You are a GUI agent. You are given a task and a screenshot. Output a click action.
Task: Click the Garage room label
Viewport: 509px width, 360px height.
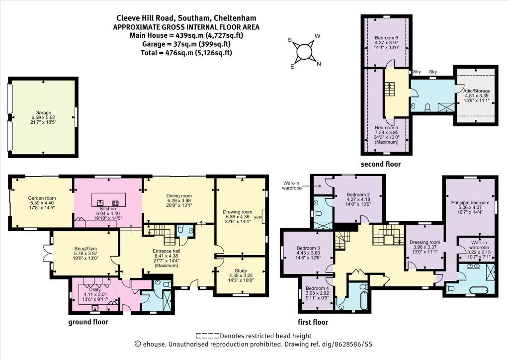[43, 113]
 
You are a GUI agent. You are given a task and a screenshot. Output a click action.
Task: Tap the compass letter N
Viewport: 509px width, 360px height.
[319, 64]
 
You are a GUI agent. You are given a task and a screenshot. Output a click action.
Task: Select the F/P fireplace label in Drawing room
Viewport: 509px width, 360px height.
[258, 217]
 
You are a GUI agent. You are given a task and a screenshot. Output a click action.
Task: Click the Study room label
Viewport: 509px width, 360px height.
[241, 270]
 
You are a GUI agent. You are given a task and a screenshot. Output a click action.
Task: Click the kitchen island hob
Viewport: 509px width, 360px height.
[115, 203]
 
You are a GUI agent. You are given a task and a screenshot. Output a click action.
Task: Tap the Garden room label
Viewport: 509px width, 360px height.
[42, 198]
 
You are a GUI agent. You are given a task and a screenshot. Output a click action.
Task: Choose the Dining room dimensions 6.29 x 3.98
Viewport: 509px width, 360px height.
[179, 200]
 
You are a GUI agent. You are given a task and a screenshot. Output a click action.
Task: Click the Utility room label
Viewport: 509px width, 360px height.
[95, 289]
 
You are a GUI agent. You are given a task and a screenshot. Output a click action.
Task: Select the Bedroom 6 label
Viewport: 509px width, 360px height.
[386, 38]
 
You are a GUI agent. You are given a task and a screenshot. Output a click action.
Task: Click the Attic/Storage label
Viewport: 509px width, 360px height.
[477, 91]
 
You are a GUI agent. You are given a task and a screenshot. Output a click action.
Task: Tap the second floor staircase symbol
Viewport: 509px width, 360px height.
[389, 89]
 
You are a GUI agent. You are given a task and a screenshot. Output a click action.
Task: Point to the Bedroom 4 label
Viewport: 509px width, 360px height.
[317, 288]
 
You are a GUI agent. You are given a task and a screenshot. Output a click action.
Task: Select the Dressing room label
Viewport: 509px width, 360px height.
[424, 242]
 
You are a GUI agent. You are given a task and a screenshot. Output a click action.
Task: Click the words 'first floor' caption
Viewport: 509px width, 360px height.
[313, 322]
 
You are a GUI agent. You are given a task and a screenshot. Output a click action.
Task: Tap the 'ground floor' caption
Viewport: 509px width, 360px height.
[88, 322]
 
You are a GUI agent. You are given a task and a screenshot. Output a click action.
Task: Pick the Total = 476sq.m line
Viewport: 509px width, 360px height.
[186, 53]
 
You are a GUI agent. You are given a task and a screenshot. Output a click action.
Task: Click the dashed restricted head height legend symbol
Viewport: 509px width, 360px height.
[207, 336]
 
